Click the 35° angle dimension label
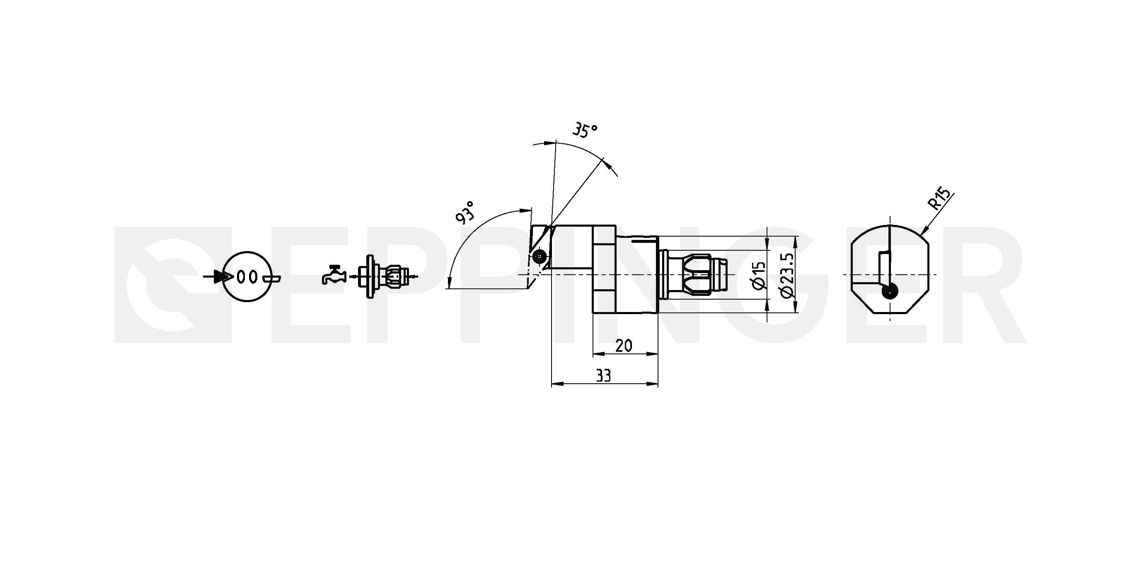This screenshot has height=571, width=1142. tap(585, 131)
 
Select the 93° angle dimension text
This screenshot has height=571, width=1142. tap(465, 211)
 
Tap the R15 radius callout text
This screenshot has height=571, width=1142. tap(939, 199)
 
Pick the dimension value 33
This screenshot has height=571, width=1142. tap(603, 376)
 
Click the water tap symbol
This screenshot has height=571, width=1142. tap(334, 274)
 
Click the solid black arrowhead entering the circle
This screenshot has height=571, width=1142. tap(223, 277)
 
